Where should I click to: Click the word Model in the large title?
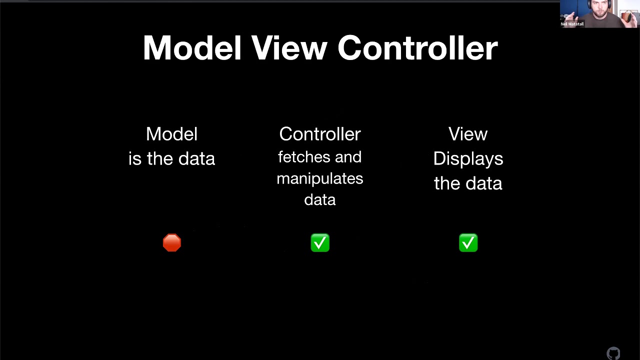click(x=192, y=48)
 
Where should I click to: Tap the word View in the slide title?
click(x=289, y=48)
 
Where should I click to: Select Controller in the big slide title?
click(x=417, y=48)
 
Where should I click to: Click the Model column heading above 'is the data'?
click(x=171, y=134)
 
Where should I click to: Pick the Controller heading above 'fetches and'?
click(x=320, y=134)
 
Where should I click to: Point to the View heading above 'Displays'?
click(x=468, y=134)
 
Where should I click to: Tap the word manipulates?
click(x=320, y=178)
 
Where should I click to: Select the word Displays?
click(x=468, y=158)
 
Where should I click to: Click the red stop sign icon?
click(x=172, y=243)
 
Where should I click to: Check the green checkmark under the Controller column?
click(x=320, y=243)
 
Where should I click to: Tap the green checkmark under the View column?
click(x=468, y=243)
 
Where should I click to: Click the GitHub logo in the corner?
click(x=613, y=353)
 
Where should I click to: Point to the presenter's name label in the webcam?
click(x=572, y=24)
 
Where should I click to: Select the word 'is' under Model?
click(x=135, y=158)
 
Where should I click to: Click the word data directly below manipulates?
click(x=320, y=200)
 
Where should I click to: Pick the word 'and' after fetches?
click(x=348, y=157)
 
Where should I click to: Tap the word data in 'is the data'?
click(x=196, y=158)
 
